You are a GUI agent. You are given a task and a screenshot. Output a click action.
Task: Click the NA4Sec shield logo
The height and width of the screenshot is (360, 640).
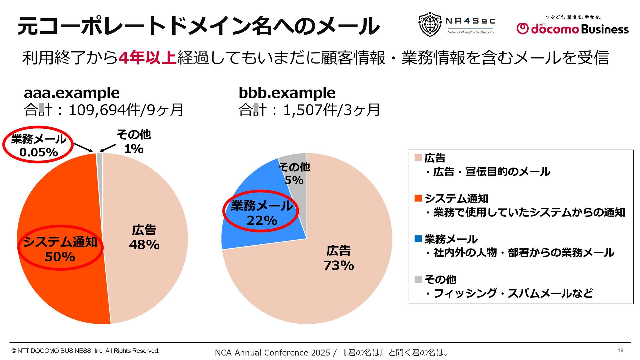point(430,24)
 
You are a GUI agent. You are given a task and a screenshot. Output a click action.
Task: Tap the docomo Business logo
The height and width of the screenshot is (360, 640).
point(572,28)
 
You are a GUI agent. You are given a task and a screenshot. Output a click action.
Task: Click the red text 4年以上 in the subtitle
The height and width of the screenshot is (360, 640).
point(147,58)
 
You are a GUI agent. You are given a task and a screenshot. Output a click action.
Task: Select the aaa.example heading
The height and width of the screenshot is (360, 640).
point(72,93)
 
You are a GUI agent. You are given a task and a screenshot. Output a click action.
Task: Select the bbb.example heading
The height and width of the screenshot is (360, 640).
point(287,93)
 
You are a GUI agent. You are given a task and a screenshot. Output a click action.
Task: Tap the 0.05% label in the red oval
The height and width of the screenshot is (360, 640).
point(39,152)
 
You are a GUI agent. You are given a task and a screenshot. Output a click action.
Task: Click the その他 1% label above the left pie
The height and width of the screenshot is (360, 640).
point(134,142)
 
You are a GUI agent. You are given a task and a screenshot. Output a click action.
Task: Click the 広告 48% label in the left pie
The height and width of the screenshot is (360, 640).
point(144,237)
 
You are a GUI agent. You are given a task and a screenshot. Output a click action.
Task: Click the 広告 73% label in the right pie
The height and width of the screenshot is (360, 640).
point(339,258)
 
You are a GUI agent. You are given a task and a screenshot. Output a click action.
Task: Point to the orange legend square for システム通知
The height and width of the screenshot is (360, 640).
point(418,198)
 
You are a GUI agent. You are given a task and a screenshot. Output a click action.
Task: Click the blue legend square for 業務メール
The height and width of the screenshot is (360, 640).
point(418,239)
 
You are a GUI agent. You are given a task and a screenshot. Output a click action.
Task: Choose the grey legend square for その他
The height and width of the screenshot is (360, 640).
point(418,279)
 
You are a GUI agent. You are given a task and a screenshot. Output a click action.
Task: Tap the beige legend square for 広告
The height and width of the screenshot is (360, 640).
point(418,158)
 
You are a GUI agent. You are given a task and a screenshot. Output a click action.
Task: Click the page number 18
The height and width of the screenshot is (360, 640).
point(620,350)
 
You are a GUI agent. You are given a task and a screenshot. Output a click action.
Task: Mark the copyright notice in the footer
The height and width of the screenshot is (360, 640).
point(85,351)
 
